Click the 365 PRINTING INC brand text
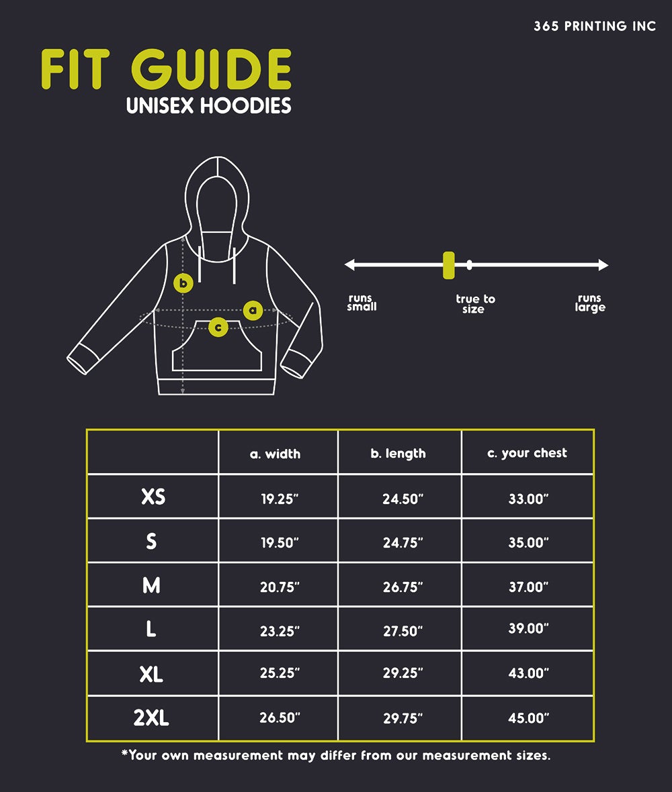pyautogui.click(x=595, y=26)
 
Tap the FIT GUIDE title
pyautogui.click(x=166, y=70)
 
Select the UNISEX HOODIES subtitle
pyautogui.click(x=209, y=106)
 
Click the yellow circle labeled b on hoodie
pyautogui.click(x=183, y=283)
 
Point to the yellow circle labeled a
pyautogui.click(x=253, y=310)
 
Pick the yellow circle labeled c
pyautogui.click(x=218, y=328)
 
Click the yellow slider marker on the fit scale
pyautogui.click(x=448, y=265)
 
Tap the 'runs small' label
pyautogui.click(x=362, y=303)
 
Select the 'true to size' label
pyautogui.click(x=474, y=304)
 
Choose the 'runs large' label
pyautogui.click(x=590, y=303)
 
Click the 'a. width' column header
pyautogui.click(x=275, y=454)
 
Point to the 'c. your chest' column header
pyautogui.click(x=527, y=453)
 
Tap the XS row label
pyautogui.click(x=153, y=497)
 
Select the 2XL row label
pyautogui.click(x=151, y=718)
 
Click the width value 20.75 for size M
pyautogui.click(x=280, y=587)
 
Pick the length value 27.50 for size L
pyautogui.click(x=403, y=631)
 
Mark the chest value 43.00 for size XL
pyautogui.click(x=528, y=673)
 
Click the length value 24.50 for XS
pyautogui.click(x=403, y=499)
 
